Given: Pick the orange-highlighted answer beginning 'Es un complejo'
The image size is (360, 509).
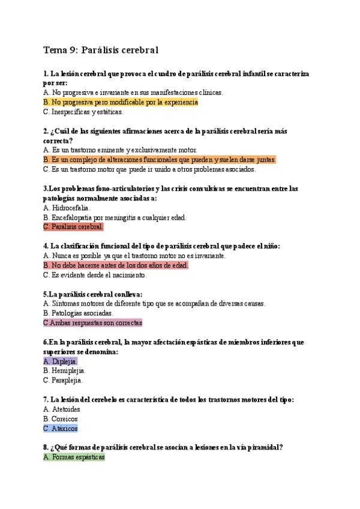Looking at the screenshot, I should point(160,160).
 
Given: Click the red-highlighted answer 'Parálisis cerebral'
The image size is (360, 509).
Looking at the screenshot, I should point(73,227).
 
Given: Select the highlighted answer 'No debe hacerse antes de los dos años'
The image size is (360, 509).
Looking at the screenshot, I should point(116,265).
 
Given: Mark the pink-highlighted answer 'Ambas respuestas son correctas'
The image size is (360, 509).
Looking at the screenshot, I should point(92,323).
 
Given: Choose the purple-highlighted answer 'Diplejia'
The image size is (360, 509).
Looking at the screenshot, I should point(61,361).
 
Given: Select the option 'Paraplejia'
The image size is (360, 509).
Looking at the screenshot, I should point(63,380).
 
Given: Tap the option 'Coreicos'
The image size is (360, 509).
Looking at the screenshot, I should point(61,419).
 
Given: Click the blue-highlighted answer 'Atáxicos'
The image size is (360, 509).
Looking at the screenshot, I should point(61,429).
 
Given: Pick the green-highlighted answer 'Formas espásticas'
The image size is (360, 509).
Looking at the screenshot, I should point(74,457).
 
